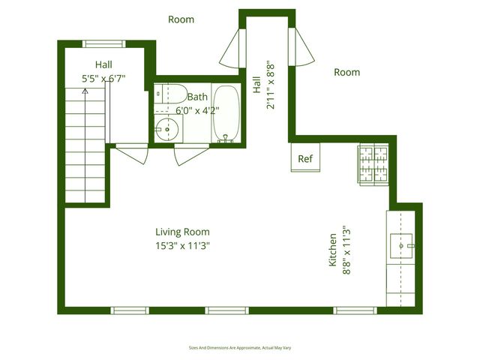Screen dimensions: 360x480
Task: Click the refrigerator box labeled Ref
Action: pos(305,158)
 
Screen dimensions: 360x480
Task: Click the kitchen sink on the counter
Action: pos(402,244)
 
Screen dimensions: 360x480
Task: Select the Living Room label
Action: pos(182,232)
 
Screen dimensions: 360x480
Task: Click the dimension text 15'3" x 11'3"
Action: pos(182,245)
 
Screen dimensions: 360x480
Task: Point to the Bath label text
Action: pos(197,97)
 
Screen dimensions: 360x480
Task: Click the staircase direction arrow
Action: pos(85,91)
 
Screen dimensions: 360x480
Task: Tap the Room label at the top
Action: pos(181,19)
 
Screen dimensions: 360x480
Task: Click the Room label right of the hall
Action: pos(346,73)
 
